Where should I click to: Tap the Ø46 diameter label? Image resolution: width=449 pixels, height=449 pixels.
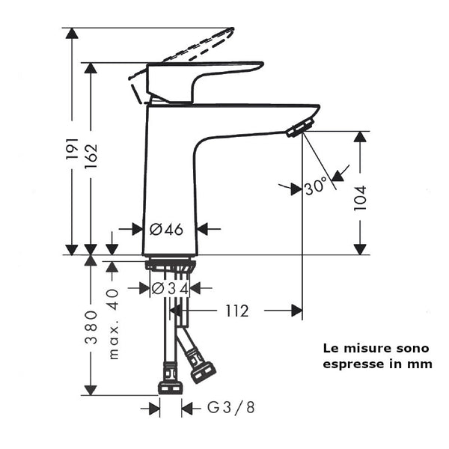tap(166, 230)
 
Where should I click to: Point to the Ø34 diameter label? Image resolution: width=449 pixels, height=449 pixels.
tap(169, 288)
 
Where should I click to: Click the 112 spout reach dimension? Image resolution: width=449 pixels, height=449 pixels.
tap(236, 311)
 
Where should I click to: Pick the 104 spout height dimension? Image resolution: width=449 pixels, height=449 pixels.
tap(361, 198)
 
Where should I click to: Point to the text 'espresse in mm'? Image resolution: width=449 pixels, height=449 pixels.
tap(377, 364)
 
